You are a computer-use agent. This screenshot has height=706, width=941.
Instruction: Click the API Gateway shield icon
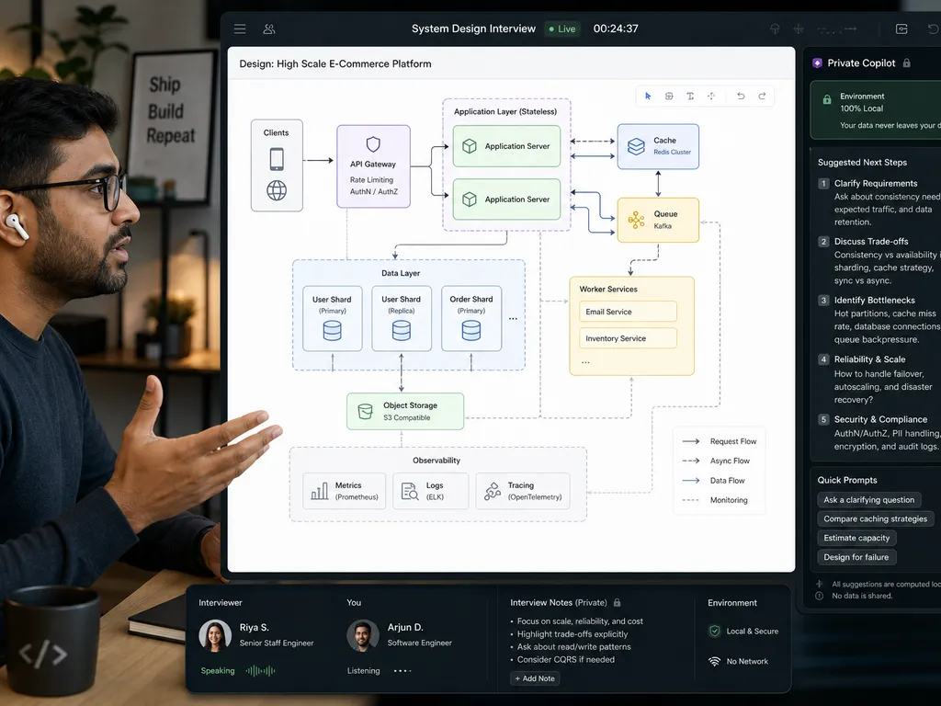click(x=373, y=144)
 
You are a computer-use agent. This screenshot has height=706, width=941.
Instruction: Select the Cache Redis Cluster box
click(x=658, y=146)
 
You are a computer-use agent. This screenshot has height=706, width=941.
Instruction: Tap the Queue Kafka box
click(x=658, y=221)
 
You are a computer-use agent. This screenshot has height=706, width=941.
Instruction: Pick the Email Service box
click(x=628, y=312)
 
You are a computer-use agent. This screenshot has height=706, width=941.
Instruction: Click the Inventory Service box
click(x=628, y=338)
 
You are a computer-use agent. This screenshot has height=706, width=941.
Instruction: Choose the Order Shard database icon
click(x=471, y=330)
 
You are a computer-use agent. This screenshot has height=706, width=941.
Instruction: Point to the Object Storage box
click(x=405, y=411)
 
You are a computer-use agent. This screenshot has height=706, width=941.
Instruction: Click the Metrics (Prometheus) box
click(x=344, y=491)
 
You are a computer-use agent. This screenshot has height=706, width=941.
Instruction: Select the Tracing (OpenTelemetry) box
click(x=523, y=491)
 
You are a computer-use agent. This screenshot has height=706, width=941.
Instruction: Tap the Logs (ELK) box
click(x=430, y=491)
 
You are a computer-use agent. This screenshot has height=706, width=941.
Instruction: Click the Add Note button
click(x=535, y=678)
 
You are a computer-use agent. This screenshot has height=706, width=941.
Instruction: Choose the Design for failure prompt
click(x=856, y=557)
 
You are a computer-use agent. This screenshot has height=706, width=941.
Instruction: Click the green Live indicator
click(x=562, y=28)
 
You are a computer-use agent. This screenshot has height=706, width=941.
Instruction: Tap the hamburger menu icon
click(x=240, y=28)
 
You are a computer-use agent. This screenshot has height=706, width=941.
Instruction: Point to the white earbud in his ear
click(x=17, y=226)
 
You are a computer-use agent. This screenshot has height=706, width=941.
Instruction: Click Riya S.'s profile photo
click(x=215, y=636)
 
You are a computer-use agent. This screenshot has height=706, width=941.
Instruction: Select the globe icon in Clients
click(x=277, y=191)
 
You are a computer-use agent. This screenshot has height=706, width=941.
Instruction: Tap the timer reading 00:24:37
click(x=616, y=28)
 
